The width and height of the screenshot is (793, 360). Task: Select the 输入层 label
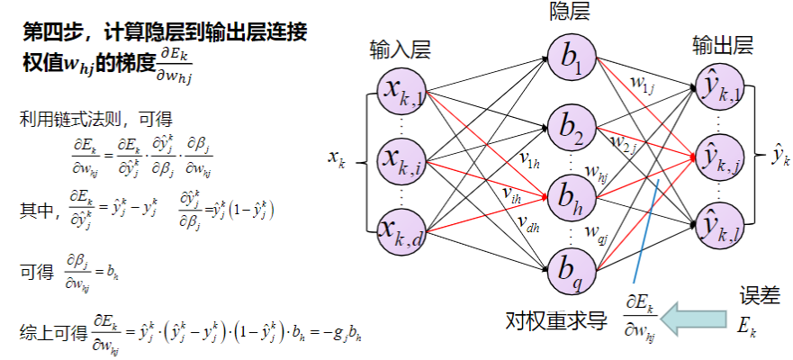pyautogui.click(x=400, y=49)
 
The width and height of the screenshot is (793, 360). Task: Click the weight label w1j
pyautogui.click(x=642, y=85)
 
